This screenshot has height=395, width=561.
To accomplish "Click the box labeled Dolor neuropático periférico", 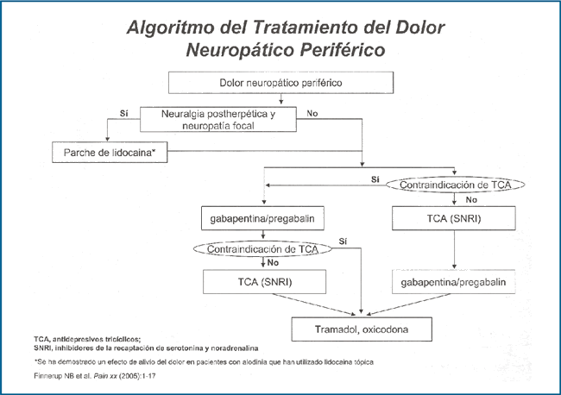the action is coord(280,83).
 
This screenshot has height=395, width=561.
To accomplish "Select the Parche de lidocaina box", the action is coord(110,153).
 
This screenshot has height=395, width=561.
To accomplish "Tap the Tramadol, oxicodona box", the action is coord(362,329).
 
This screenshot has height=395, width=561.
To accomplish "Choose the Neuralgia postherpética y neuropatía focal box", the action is coord(218,119).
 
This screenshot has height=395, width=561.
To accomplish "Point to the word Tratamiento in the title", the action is coord(306,28).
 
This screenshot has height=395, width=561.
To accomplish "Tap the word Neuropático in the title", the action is coord(240,50).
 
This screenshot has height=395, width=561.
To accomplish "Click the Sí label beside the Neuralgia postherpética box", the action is coord(123,113).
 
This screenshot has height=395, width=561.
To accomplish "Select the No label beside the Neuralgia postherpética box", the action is coord(312,113).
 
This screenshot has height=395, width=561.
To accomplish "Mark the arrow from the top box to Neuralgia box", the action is coord(280,99).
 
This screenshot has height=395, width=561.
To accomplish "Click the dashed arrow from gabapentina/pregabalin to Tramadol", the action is coord(408,304).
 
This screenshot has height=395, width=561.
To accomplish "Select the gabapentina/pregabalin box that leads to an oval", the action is coord(262,218).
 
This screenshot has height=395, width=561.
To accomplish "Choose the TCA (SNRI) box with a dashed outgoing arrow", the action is coord(264,282).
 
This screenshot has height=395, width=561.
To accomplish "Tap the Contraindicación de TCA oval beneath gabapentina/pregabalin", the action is coord(262,249).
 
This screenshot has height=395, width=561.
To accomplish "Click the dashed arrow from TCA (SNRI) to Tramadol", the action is coord(314,304).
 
